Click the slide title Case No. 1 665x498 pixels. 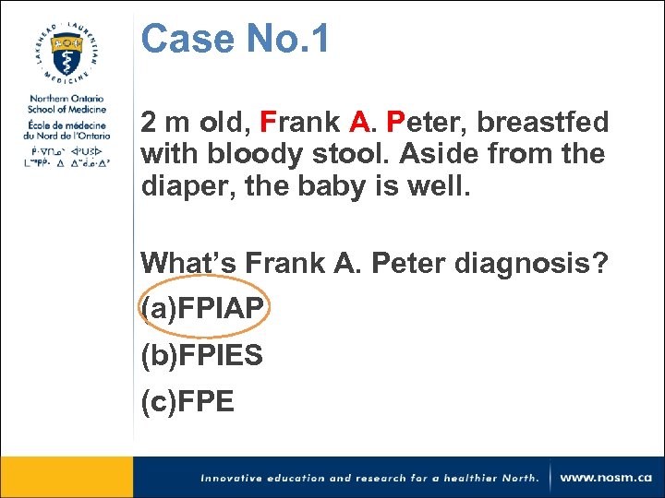[x=235, y=40]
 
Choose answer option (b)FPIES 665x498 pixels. [x=202, y=355]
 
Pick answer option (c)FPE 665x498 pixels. [x=187, y=401]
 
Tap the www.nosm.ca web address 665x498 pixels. [x=605, y=478]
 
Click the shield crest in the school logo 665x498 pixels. [x=66, y=53]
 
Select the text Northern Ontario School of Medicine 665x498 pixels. [x=66, y=104]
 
